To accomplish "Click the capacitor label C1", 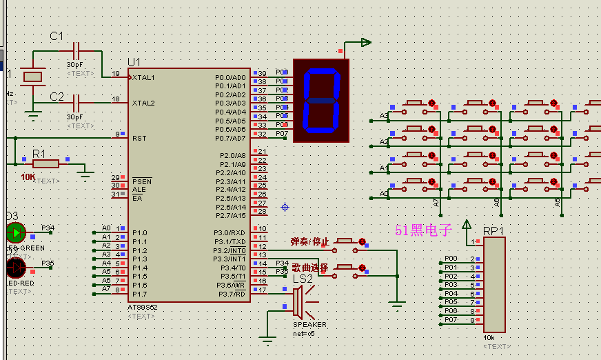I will click(x=57, y=36).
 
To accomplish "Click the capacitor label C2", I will click(x=57, y=97).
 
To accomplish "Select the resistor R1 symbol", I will click(x=46, y=163).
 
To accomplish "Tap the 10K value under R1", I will click(x=28, y=177).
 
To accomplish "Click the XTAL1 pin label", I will click(x=143, y=77).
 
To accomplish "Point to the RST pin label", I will click(x=139, y=138).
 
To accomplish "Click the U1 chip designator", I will click(x=134, y=62).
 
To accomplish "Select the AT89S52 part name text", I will click(x=143, y=307).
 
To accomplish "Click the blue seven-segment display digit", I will click(x=321, y=100).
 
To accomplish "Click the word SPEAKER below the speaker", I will click(x=309, y=324).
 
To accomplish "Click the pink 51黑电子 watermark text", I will click(x=422, y=230).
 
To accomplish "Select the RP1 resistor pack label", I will click(x=493, y=230).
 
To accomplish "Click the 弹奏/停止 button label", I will click(x=310, y=242).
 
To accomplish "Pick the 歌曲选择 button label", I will click(x=310, y=268).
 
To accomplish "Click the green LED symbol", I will click(x=15, y=233).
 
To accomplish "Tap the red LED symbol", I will click(x=15, y=268).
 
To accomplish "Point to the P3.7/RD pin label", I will click(x=230, y=294).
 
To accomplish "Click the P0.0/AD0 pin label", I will click(x=230, y=77).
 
